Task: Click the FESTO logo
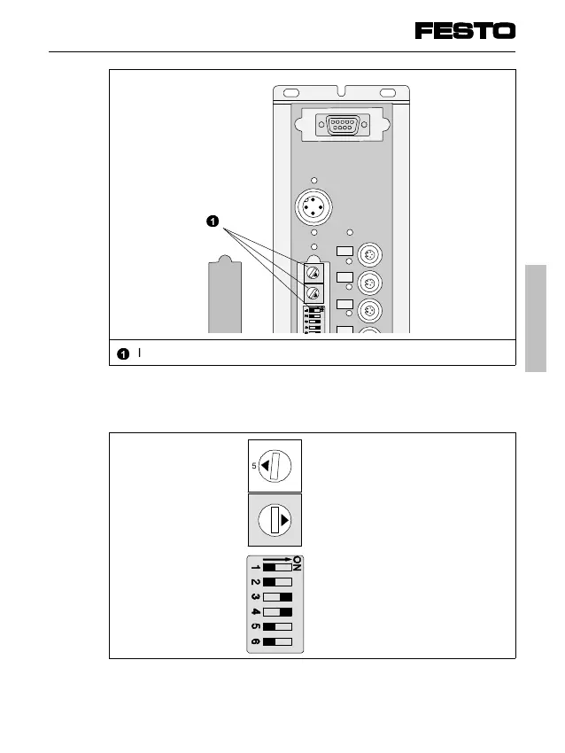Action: coord(465,31)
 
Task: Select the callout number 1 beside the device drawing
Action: coord(213,221)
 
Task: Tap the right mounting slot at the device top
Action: coord(386,93)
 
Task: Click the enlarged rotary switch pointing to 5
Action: coord(275,465)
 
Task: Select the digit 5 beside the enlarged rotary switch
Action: coord(252,465)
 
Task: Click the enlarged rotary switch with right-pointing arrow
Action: coord(275,521)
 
